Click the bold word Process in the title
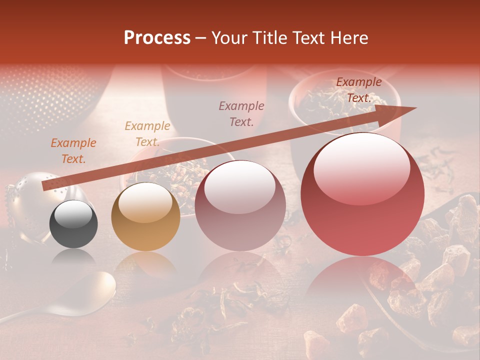(x=157, y=38)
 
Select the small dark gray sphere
(x=73, y=224)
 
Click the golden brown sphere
(x=145, y=216)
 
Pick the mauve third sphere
(x=240, y=205)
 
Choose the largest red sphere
(x=362, y=194)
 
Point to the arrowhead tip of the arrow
(x=416, y=107)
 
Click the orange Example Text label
(x=73, y=151)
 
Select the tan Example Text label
(x=147, y=134)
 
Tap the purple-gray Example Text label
(x=241, y=114)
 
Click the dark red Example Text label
(x=358, y=90)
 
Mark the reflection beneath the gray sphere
(x=74, y=258)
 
